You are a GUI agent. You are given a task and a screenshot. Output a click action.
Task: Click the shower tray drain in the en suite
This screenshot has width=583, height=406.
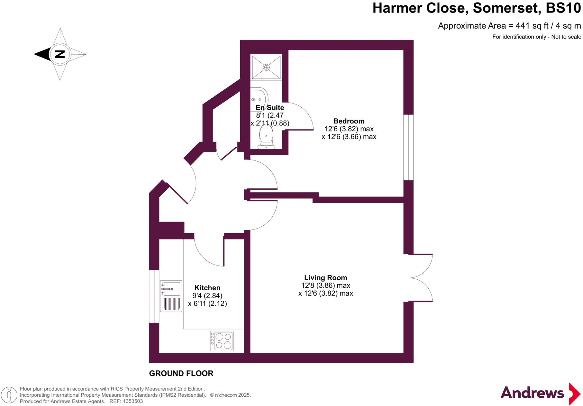[x=266, y=67]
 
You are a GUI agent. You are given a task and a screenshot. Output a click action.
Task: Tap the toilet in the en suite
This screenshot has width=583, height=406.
[x=266, y=138]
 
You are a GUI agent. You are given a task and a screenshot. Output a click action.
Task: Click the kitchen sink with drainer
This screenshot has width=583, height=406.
[x=171, y=296]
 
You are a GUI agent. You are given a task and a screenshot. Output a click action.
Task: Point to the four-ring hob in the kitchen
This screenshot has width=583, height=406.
[x=222, y=341]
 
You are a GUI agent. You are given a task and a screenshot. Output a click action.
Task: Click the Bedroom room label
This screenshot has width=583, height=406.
[x=349, y=121]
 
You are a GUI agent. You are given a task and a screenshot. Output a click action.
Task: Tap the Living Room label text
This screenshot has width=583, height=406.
[x=325, y=278]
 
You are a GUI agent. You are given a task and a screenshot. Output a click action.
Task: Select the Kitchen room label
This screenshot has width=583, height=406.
[x=207, y=288]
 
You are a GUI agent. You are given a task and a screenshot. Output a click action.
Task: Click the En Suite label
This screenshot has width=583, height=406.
[x=270, y=108]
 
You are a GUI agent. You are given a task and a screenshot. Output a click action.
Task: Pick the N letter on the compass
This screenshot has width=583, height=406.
[x=60, y=54]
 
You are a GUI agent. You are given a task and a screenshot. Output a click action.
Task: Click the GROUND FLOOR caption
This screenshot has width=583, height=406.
[x=181, y=373]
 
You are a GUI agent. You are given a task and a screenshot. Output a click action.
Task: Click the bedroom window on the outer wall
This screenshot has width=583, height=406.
[x=408, y=147]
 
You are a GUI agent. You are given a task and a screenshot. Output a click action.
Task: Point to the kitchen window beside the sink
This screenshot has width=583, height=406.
[x=154, y=296]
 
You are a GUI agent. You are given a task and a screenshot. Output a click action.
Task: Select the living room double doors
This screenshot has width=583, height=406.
[x=421, y=278]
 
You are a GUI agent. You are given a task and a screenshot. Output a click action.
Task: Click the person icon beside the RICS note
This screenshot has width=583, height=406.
[x=9, y=395]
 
